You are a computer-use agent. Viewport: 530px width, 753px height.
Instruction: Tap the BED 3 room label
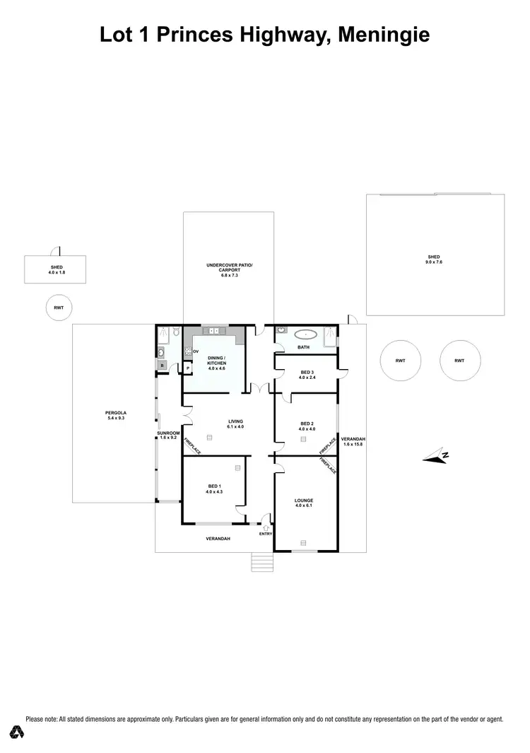pyautogui.click(x=305, y=373)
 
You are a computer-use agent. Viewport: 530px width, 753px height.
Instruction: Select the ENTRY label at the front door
pyautogui.click(x=265, y=534)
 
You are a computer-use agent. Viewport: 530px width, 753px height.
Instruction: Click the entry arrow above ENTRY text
pyautogui.click(x=266, y=527)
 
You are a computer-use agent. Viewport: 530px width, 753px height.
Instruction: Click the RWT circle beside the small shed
pyautogui.click(x=56, y=308)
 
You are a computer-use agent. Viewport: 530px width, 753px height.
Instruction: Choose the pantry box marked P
pyautogui.click(x=188, y=368)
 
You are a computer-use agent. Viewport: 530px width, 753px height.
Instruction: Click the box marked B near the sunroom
pyautogui.click(x=162, y=366)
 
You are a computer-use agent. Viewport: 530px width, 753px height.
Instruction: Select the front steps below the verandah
pyautogui.click(x=263, y=562)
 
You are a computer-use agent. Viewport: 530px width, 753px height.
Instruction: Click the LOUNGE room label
pyautogui.click(x=304, y=501)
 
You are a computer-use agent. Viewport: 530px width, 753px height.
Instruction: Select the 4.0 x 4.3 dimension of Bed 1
pyautogui.click(x=214, y=491)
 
